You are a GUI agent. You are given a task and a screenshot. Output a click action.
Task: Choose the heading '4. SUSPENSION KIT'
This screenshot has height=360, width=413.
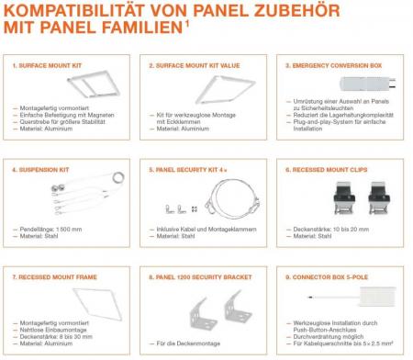tap(38, 170)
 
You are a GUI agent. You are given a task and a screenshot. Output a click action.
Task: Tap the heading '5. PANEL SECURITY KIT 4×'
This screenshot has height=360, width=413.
tap(185, 170)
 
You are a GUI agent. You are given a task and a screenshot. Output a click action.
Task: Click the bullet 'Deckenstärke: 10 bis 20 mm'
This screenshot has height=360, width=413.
tap(334, 230)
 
